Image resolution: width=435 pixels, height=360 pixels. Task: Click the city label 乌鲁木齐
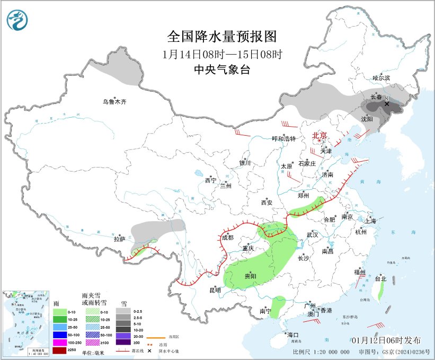(x=115, y=101)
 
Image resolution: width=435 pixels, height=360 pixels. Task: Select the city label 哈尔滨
(x=380, y=78)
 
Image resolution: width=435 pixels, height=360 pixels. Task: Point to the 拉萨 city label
(x=119, y=239)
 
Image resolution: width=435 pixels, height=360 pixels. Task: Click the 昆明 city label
(x=215, y=290)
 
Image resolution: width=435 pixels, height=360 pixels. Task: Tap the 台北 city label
(x=380, y=278)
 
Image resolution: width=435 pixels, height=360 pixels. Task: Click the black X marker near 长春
(x=387, y=104)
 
